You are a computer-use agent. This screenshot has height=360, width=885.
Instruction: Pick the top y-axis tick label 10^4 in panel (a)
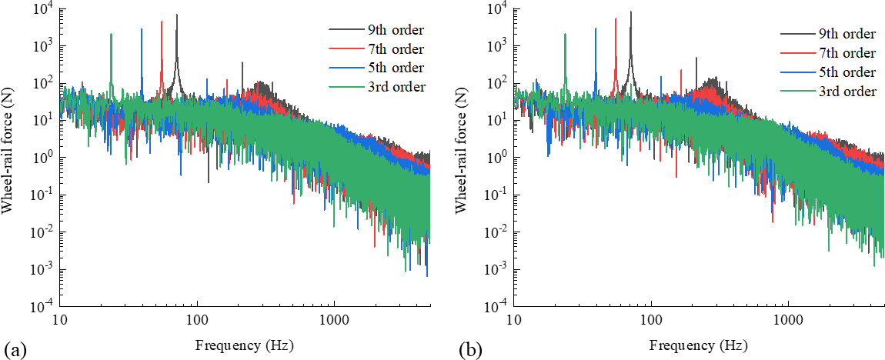tap(44, 9)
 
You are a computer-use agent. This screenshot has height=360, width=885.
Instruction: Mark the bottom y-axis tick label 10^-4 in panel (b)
tap(499, 307)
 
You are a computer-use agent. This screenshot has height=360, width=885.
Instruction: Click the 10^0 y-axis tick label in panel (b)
tap(500, 158)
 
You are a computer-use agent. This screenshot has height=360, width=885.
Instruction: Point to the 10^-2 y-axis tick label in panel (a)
tap(44, 232)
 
